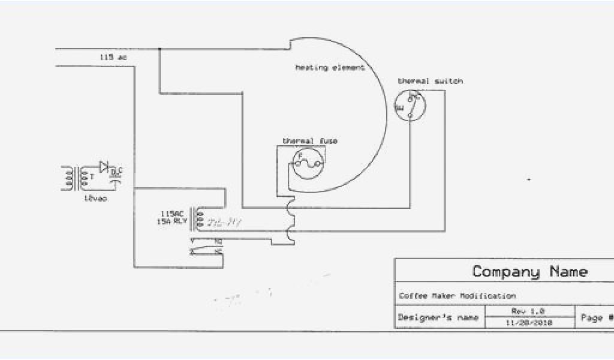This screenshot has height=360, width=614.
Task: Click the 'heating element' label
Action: coord(330,68)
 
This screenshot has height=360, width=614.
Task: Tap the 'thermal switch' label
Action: coord(430,81)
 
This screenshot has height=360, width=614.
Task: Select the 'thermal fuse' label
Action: coord(310,141)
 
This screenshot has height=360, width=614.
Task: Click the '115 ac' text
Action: coord(113,57)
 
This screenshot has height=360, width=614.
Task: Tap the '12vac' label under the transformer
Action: coord(95,199)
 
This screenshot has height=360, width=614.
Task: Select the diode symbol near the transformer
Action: coord(104,166)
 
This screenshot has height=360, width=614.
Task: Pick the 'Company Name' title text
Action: coord(529,271)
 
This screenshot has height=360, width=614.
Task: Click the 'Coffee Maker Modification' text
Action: coord(457,296)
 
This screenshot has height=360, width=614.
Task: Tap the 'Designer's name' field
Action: coord(438,317)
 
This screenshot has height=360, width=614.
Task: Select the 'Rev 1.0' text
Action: coord(528,311)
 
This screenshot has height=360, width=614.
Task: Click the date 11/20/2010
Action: coord(528,322)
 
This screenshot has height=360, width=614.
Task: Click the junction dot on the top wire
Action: coord(159,48)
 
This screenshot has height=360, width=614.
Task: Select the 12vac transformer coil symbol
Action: coord(78,178)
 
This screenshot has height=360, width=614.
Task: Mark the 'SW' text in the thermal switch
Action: coord(399,107)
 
